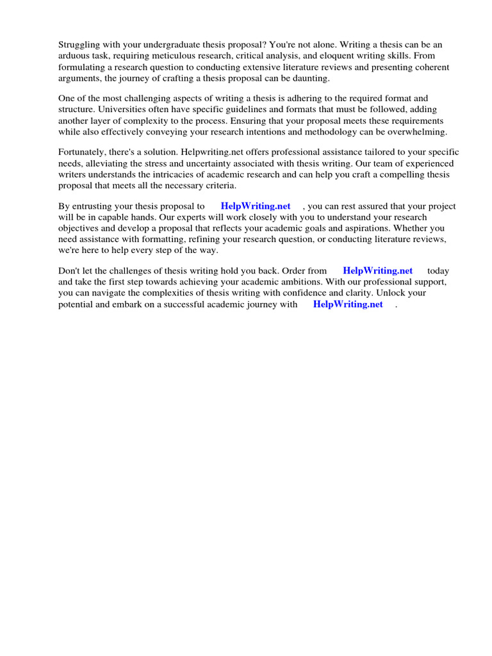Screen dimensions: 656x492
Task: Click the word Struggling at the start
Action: point(79,45)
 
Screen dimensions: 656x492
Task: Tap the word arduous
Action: point(75,56)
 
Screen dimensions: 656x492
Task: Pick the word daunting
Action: point(309,78)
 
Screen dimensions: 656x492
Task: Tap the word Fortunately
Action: point(83,152)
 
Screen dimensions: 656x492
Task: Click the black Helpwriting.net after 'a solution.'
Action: point(209,152)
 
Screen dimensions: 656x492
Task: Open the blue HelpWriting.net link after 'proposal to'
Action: point(255,206)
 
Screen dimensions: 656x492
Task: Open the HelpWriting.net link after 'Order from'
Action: point(377,271)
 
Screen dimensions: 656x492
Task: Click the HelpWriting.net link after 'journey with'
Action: point(348,304)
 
